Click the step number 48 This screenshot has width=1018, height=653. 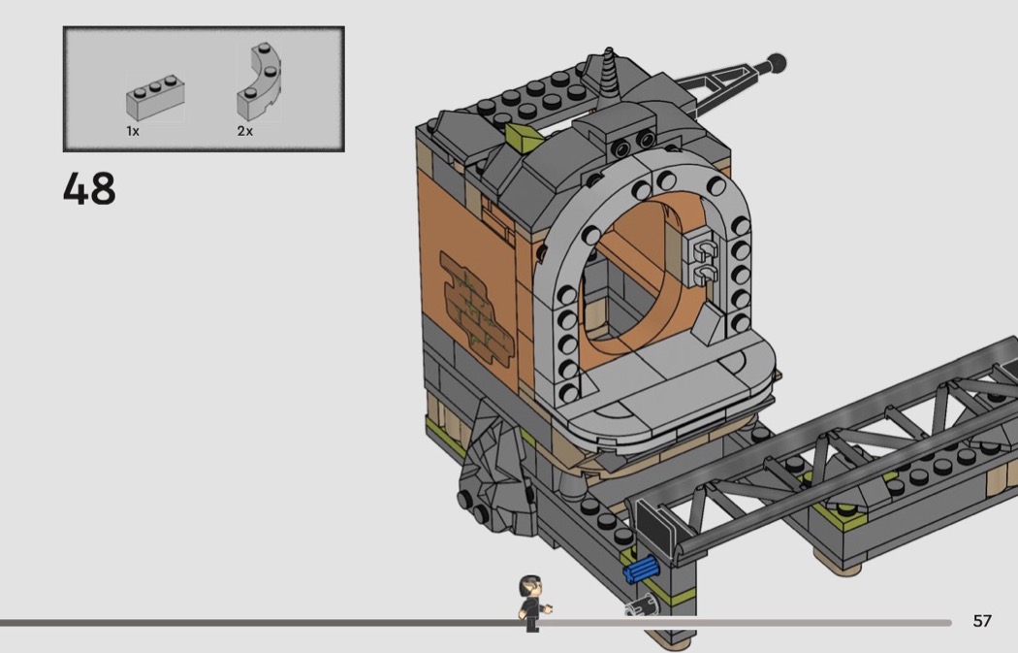point(89,188)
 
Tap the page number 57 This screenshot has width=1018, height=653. point(982,621)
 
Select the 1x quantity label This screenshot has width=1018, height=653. point(133,131)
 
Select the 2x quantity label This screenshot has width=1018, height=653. point(244,131)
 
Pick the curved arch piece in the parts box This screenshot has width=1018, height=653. point(260,82)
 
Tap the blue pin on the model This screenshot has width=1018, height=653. point(642,571)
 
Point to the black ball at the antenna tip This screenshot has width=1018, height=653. point(776,64)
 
